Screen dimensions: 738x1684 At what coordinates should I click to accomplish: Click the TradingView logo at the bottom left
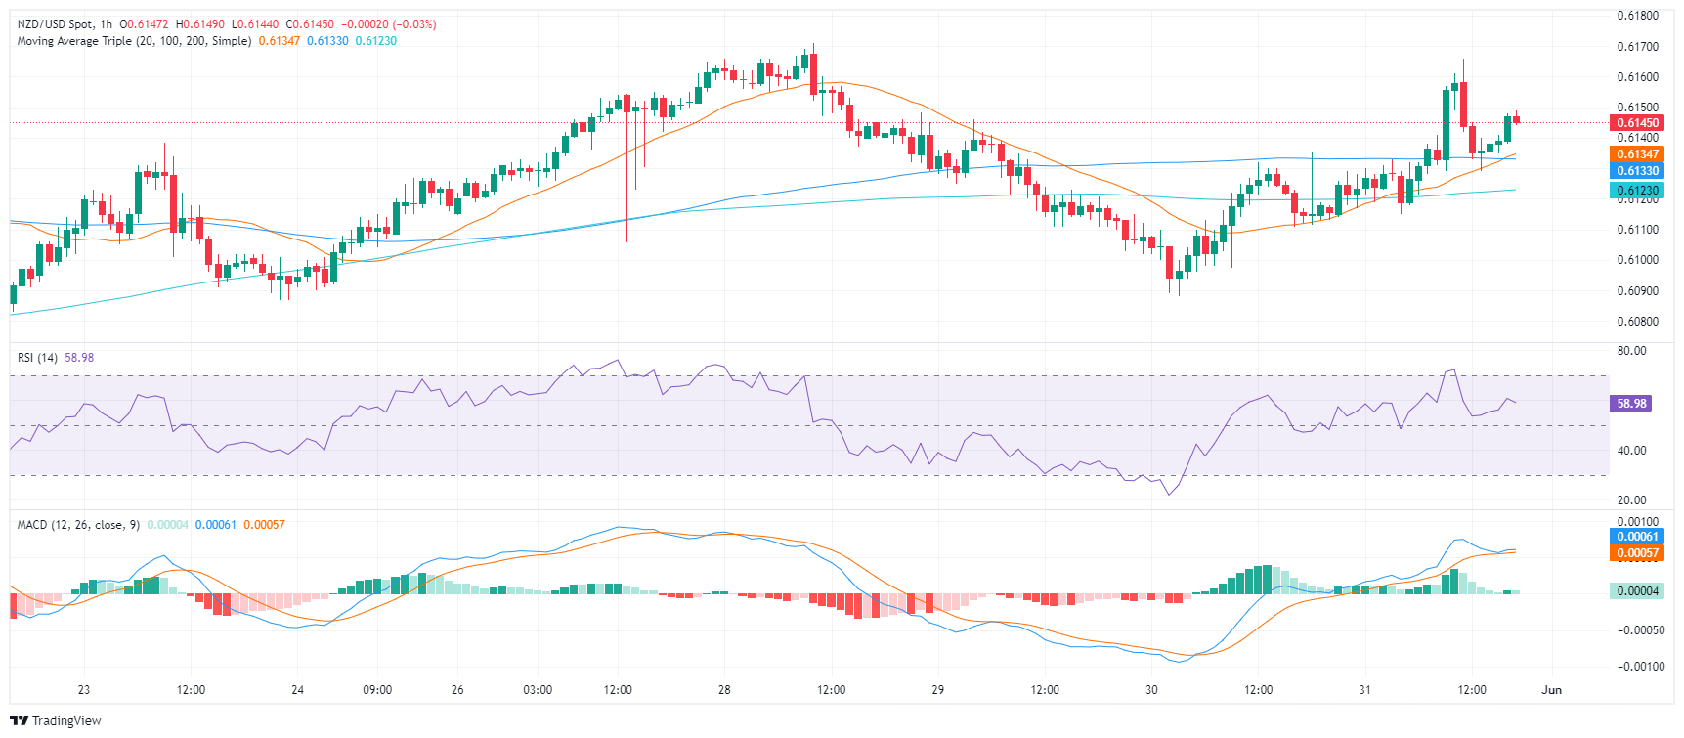point(56,721)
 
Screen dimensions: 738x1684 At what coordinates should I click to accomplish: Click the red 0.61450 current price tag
point(1637,123)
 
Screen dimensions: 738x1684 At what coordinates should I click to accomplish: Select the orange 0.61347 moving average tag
point(1637,154)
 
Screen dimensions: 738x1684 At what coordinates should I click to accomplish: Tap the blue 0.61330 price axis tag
point(1637,171)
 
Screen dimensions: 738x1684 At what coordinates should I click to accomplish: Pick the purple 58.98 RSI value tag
point(1631,404)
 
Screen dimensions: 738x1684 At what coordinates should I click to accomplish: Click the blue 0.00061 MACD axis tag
point(1637,537)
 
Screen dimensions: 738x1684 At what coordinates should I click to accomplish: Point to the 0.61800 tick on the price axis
point(1637,16)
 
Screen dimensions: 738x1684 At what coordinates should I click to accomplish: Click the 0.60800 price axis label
point(1637,322)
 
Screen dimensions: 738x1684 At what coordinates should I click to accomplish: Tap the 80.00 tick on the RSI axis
point(1632,351)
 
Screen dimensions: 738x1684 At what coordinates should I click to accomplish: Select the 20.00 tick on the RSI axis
point(1632,500)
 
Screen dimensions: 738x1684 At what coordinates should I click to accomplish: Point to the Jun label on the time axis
point(1551,690)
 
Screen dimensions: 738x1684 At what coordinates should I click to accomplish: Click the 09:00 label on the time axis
point(377,690)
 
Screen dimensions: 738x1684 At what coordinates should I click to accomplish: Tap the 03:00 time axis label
point(538,690)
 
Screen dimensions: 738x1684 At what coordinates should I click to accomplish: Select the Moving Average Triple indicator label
point(134,41)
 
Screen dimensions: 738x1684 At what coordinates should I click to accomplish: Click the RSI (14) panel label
point(37,358)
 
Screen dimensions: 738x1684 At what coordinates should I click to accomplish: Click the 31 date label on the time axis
point(1364,690)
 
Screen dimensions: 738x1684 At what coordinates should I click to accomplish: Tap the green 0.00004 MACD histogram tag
point(1637,591)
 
